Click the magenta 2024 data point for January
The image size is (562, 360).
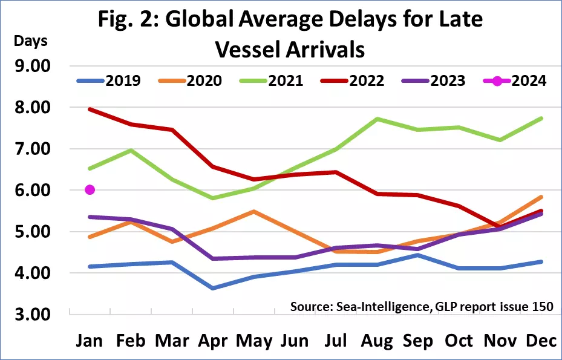[x=90, y=190]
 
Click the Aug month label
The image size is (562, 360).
[x=376, y=341]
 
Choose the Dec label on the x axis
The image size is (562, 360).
[x=540, y=341]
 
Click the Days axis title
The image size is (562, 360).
[x=30, y=42]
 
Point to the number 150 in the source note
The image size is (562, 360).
[x=541, y=307]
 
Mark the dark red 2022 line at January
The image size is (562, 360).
[x=90, y=109]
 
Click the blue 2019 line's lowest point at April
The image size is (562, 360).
[x=212, y=288]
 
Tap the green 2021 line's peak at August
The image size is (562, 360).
[x=376, y=119]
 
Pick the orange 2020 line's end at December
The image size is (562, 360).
[x=540, y=197]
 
